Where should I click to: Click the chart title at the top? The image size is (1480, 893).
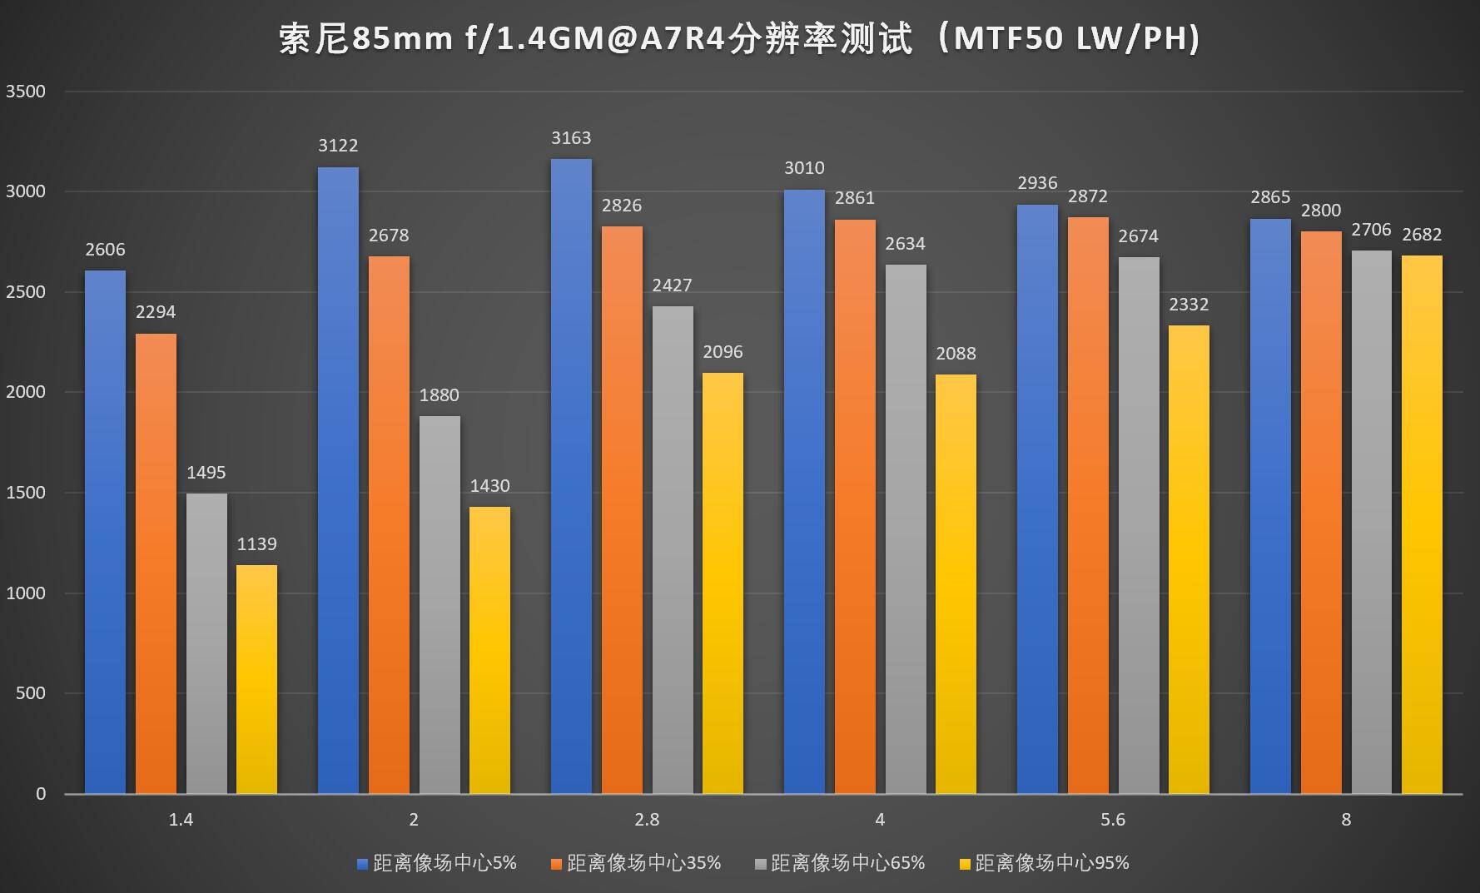click(739, 39)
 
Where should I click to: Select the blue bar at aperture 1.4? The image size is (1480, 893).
click(105, 533)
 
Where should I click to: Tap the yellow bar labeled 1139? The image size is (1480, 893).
click(256, 678)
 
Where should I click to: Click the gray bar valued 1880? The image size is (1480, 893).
click(440, 605)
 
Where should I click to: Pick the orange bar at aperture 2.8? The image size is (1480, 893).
click(622, 509)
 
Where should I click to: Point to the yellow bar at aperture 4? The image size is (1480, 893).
click(956, 583)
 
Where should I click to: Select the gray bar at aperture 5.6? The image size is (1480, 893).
click(1138, 525)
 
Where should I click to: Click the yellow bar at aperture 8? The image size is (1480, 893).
click(1422, 524)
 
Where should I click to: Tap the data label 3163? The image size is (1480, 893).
click(571, 138)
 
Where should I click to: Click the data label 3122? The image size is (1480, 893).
click(338, 146)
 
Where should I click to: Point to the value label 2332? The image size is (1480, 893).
click(1189, 305)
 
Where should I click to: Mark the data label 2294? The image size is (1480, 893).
click(156, 312)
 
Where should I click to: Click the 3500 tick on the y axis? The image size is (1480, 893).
click(26, 92)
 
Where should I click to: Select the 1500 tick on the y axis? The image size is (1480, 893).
click(26, 493)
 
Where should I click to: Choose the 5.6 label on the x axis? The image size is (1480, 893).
click(1113, 820)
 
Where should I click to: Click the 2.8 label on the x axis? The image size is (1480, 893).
click(647, 820)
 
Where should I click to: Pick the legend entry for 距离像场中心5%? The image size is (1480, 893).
click(437, 863)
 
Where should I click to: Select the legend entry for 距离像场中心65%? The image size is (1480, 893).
click(840, 863)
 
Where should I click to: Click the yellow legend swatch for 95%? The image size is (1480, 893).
click(966, 864)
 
